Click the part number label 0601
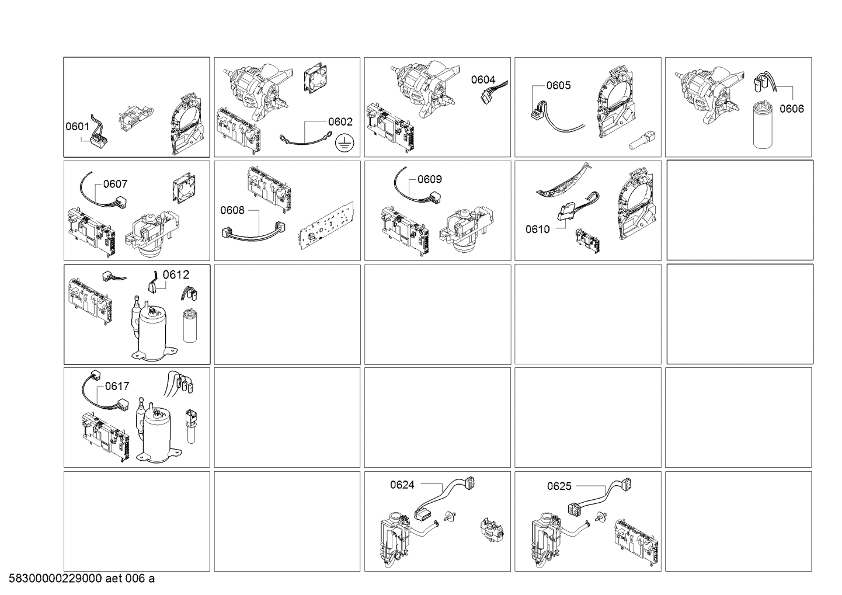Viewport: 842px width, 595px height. (x=78, y=126)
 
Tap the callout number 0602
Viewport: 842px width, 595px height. (x=340, y=121)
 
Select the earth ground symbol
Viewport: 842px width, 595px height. (x=344, y=144)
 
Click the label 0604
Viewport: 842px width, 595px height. (x=483, y=79)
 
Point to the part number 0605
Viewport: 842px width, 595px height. (x=558, y=85)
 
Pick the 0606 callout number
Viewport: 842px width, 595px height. (x=791, y=109)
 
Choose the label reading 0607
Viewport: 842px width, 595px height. (x=115, y=184)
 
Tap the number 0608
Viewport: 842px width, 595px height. (x=232, y=210)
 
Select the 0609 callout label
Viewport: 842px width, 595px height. (x=430, y=179)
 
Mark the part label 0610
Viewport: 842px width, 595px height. (x=538, y=229)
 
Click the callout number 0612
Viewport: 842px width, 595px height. (x=176, y=275)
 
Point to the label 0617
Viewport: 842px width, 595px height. (x=117, y=386)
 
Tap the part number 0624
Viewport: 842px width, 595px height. (x=402, y=485)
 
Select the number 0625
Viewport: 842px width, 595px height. (x=559, y=486)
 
